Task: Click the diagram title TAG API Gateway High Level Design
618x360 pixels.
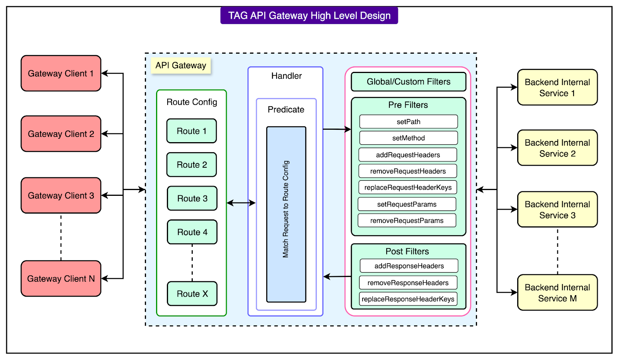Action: (309, 15)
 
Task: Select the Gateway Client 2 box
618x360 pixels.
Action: (61, 134)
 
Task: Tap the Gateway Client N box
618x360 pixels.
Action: (61, 278)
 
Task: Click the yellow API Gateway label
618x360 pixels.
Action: (181, 65)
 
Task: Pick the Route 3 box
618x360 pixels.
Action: (192, 199)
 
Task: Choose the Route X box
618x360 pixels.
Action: (192, 294)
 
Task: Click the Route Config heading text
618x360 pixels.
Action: (192, 102)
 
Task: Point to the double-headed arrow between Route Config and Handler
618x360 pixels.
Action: (241, 203)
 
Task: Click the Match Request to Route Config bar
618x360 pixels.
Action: (286, 214)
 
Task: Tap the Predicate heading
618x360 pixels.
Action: (286, 110)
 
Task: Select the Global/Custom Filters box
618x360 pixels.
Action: (408, 82)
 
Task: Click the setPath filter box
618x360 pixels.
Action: (408, 122)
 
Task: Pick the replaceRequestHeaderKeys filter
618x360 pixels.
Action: (408, 187)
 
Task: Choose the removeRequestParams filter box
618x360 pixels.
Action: (407, 221)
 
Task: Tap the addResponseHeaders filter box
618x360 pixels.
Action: (409, 266)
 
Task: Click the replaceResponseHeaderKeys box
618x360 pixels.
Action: (408, 299)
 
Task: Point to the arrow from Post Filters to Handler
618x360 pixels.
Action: (337, 277)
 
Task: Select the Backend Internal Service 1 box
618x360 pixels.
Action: (557, 88)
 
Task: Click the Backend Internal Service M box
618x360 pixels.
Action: (557, 293)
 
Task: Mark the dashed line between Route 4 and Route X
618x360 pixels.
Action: (192, 263)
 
